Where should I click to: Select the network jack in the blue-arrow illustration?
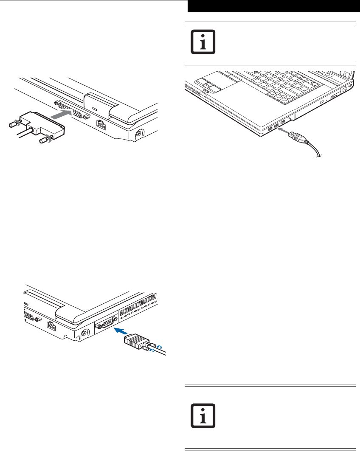tap(50, 325)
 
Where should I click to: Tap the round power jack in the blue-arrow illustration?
tap(83, 334)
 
